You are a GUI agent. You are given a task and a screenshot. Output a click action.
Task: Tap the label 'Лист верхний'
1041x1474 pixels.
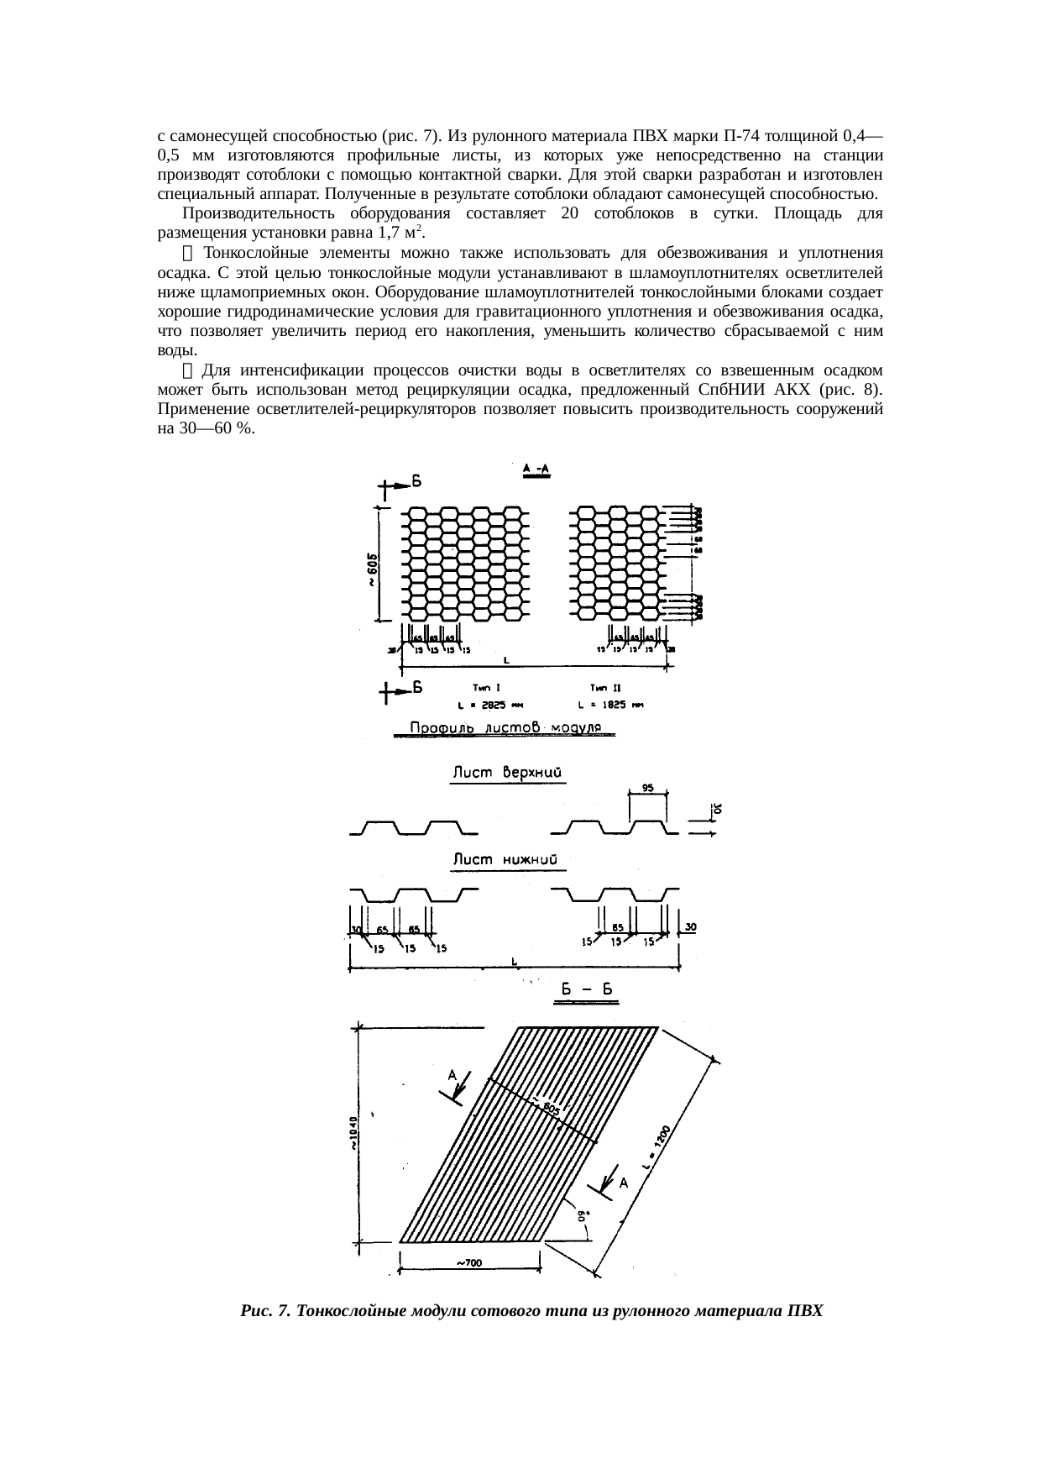click(x=507, y=772)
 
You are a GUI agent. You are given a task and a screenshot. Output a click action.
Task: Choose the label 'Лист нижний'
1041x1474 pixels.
click(x=506, y=859)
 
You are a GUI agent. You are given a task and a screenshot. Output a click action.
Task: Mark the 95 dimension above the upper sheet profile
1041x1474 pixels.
click(x=648, y=788)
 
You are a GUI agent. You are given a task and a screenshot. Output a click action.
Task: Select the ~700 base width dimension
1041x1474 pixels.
click(x=468, y=1262)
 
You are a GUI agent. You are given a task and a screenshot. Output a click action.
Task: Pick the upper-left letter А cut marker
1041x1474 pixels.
click(x=452, y=1075)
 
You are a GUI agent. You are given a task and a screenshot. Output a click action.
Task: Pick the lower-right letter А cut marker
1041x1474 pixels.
click(x=624, y=1183)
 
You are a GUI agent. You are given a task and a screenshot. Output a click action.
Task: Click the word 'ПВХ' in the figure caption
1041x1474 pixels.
click(x=805, y=1311)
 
